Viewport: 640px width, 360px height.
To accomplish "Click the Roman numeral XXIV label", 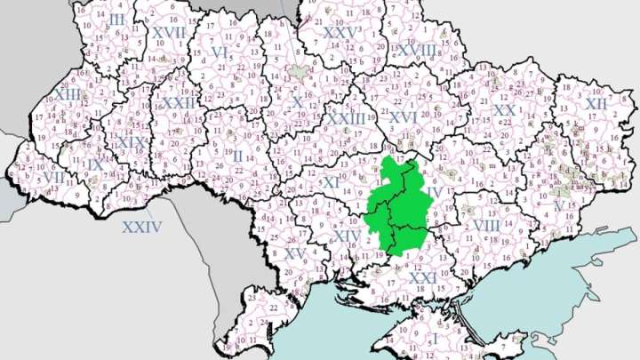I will click(142, 227).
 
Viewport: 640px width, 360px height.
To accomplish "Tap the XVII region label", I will click(168, 32).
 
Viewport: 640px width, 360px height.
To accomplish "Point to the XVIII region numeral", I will click(417, 50).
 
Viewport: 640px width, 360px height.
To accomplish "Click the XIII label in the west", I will click(67, 93).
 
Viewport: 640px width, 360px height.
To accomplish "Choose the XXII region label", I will click(179, 103).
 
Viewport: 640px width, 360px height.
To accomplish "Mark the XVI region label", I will click(403, 116).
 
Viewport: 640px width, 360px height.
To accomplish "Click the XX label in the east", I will click(504, 110).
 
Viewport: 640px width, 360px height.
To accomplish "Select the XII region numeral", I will click(596, 104).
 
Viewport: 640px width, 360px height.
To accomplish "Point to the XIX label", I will click(131, 142).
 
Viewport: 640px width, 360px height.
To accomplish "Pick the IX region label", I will click(95, 165).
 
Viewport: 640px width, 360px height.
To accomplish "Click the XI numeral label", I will click(332, 182).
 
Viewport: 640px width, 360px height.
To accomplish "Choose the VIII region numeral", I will click(486, 225).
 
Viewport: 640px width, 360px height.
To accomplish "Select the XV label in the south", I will click(295, 254).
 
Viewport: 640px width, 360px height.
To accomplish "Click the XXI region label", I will click(423, 278).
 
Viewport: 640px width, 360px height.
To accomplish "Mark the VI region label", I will click(220, 52).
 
